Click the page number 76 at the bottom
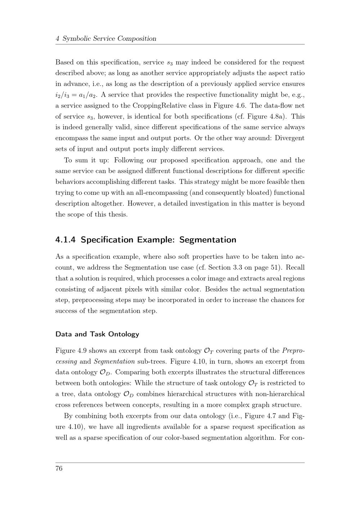59,468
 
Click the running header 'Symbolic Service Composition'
109,39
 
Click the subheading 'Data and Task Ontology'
97,334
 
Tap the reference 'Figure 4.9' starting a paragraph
71,351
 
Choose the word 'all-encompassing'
162,193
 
